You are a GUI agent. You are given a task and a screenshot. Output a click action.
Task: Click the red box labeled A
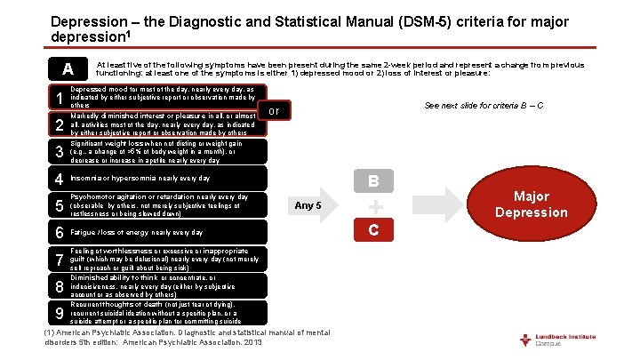[x=67, y=69]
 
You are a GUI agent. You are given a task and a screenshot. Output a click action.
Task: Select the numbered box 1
[x=58, y=97]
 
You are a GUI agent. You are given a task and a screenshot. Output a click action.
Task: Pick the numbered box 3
[x=58, y=152]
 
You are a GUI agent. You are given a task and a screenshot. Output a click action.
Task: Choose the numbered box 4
[x=58, y=179]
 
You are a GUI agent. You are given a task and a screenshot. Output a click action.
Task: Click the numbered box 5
[x=58, y=206]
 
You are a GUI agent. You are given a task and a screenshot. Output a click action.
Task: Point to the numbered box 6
[x=58, y=233]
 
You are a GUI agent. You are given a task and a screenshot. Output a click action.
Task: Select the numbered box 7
[x=58, y=260]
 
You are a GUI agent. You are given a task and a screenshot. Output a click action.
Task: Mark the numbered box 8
[x=58, y=286]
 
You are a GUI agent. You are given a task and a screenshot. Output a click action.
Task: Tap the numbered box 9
[x=58, y=313]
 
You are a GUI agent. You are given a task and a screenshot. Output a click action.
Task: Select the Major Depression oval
[x=531, y=204]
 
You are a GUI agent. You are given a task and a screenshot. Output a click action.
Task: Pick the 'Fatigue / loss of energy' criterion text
[x=137, y=233]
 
